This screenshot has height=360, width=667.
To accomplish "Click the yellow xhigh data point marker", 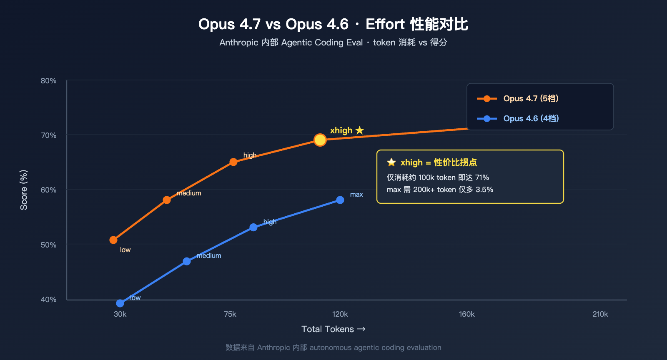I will (x=320, y=140).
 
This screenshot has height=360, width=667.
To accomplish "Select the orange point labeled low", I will (x=113, y=240).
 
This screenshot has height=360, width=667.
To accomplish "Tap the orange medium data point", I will (x=167, y=200).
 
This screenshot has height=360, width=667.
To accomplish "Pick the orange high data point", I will (x=233, y=162).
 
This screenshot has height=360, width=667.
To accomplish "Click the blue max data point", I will (x=340, y=200).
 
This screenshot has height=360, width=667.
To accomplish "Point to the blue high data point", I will (x=253, y=227).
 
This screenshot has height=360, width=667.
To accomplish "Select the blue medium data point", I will (x=187, y=261).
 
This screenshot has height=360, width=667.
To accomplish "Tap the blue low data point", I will (x=120, y=303).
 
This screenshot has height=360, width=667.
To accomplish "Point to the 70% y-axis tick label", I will (x=48, y=135).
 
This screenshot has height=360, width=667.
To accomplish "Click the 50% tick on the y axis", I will (x=48, y=245).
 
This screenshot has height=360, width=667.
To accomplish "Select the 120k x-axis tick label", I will (x=340, y=314).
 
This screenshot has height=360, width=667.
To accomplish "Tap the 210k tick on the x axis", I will (x=600, y=314).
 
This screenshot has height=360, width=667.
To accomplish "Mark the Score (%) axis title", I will (x=24, y=190).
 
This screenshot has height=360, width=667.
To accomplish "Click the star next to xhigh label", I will (x=360, y=130).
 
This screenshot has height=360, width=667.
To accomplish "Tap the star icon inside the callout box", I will (x=391, y=162).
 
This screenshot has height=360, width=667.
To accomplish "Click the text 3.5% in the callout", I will (x=484, y=190).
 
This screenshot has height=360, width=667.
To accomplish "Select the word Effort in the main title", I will (x=385, y=24).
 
